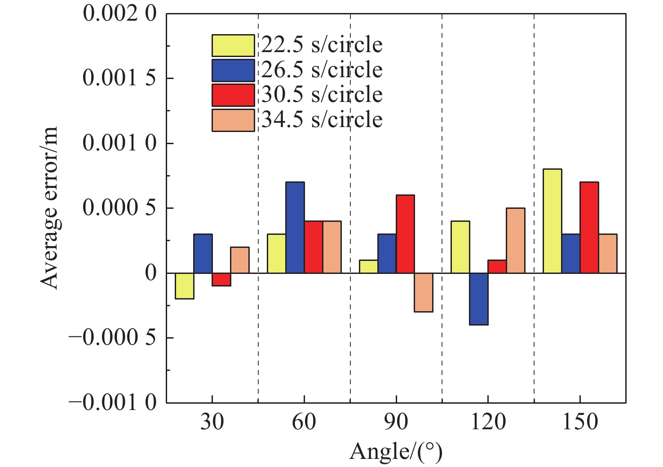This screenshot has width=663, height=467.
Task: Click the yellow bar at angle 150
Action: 552,221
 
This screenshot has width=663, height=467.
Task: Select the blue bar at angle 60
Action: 295,227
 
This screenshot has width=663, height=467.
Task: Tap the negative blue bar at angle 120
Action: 479,299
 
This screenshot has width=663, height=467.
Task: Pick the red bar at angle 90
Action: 405,234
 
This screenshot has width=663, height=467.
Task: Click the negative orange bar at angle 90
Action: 424,292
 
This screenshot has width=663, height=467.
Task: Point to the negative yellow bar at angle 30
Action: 185,286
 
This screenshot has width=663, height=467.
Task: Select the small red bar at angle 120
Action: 497,266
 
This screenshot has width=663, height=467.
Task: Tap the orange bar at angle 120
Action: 516,240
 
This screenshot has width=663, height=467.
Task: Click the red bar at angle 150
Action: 589,227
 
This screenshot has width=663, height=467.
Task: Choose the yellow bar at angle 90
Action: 368,266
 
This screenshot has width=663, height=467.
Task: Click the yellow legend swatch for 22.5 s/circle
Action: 233,45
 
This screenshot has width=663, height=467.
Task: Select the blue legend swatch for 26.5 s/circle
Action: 233,70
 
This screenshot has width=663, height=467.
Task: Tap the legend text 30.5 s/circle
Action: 322,95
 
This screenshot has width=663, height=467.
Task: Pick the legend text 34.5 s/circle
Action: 322,120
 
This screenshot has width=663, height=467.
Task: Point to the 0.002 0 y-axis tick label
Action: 119,13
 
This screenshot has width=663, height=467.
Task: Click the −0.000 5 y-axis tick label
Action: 112,338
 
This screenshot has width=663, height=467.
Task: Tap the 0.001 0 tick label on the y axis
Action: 119,143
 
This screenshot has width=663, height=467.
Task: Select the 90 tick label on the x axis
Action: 396,422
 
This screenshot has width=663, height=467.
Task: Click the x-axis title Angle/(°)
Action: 396,452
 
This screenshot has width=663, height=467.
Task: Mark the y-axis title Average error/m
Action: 49,208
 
